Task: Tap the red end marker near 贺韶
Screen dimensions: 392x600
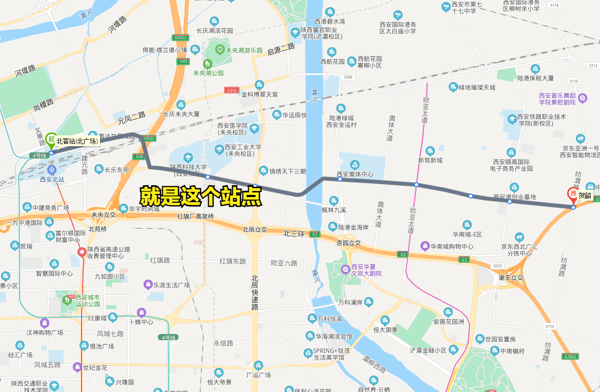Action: (x=572, y=194)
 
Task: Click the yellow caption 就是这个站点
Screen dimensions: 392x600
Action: (x=201, y=197)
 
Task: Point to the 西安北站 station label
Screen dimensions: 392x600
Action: (x=52, y=180)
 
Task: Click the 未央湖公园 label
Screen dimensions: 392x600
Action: (x=208, y=73)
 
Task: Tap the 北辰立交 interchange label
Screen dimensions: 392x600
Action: (x=255, y=229)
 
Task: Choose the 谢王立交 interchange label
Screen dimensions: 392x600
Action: (x=511, y=278)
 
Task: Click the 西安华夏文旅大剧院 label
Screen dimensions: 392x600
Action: (x=366, y=270)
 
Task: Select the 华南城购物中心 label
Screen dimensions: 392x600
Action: (x=451, y=246)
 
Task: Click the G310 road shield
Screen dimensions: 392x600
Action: (x=232, y=90)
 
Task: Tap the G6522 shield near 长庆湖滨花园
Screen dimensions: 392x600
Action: (x=180, y=37)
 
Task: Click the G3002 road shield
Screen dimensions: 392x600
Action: (x=570, y=357)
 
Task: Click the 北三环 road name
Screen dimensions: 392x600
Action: (x=294, y=233)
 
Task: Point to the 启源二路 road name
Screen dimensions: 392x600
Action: (x=282, y=51)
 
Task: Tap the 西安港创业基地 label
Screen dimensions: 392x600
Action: (x=514, y=197)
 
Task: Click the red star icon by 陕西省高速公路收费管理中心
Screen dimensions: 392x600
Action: (x=82, y=251)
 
